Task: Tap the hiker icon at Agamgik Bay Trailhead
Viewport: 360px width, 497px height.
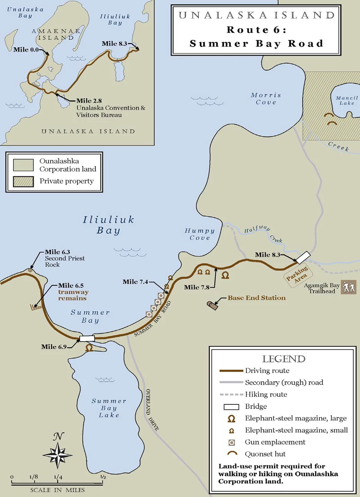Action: (348, 287)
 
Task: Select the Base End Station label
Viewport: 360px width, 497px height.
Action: (256, 298)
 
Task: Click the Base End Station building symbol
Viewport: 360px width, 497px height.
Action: (212, 305)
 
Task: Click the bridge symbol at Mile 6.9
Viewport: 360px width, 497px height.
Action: (87, 338)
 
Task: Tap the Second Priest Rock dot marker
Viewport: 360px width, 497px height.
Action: (30, 270)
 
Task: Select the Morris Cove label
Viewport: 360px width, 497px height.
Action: (266, 99)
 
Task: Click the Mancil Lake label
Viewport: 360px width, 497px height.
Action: (347, 101)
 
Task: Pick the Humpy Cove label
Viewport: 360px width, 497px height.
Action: (199, 234)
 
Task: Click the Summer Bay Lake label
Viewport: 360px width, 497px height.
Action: (109, 408)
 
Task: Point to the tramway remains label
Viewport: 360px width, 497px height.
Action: (73, 295)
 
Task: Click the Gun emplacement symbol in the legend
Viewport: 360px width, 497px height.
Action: (231, 442)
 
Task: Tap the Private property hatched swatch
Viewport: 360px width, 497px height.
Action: (23, 181)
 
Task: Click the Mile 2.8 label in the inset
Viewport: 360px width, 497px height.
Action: (89, 101)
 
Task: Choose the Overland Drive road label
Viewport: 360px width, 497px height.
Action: (152, 410)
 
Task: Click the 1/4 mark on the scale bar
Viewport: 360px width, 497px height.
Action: (58, 478)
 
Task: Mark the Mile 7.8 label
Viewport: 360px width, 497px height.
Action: (196, 287)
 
